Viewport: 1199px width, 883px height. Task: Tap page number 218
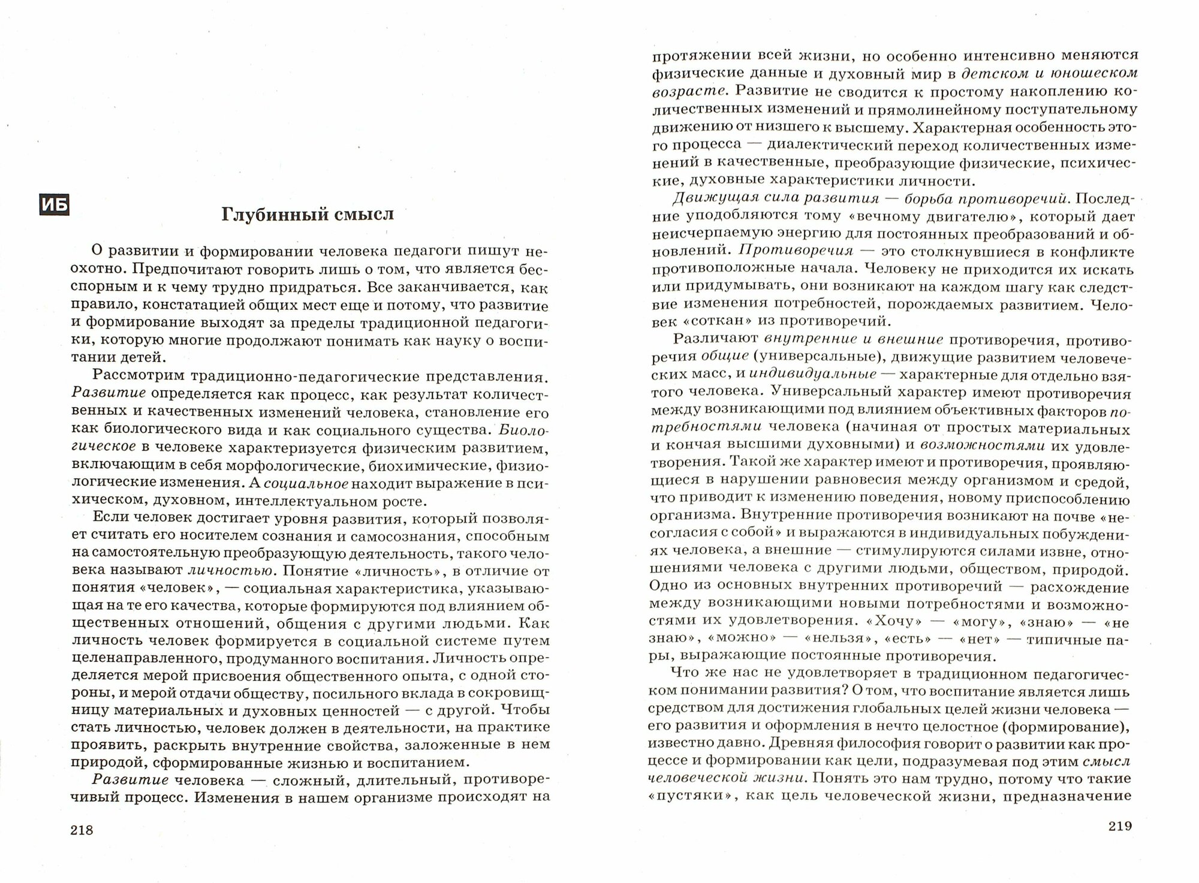(x=82, y=830)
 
